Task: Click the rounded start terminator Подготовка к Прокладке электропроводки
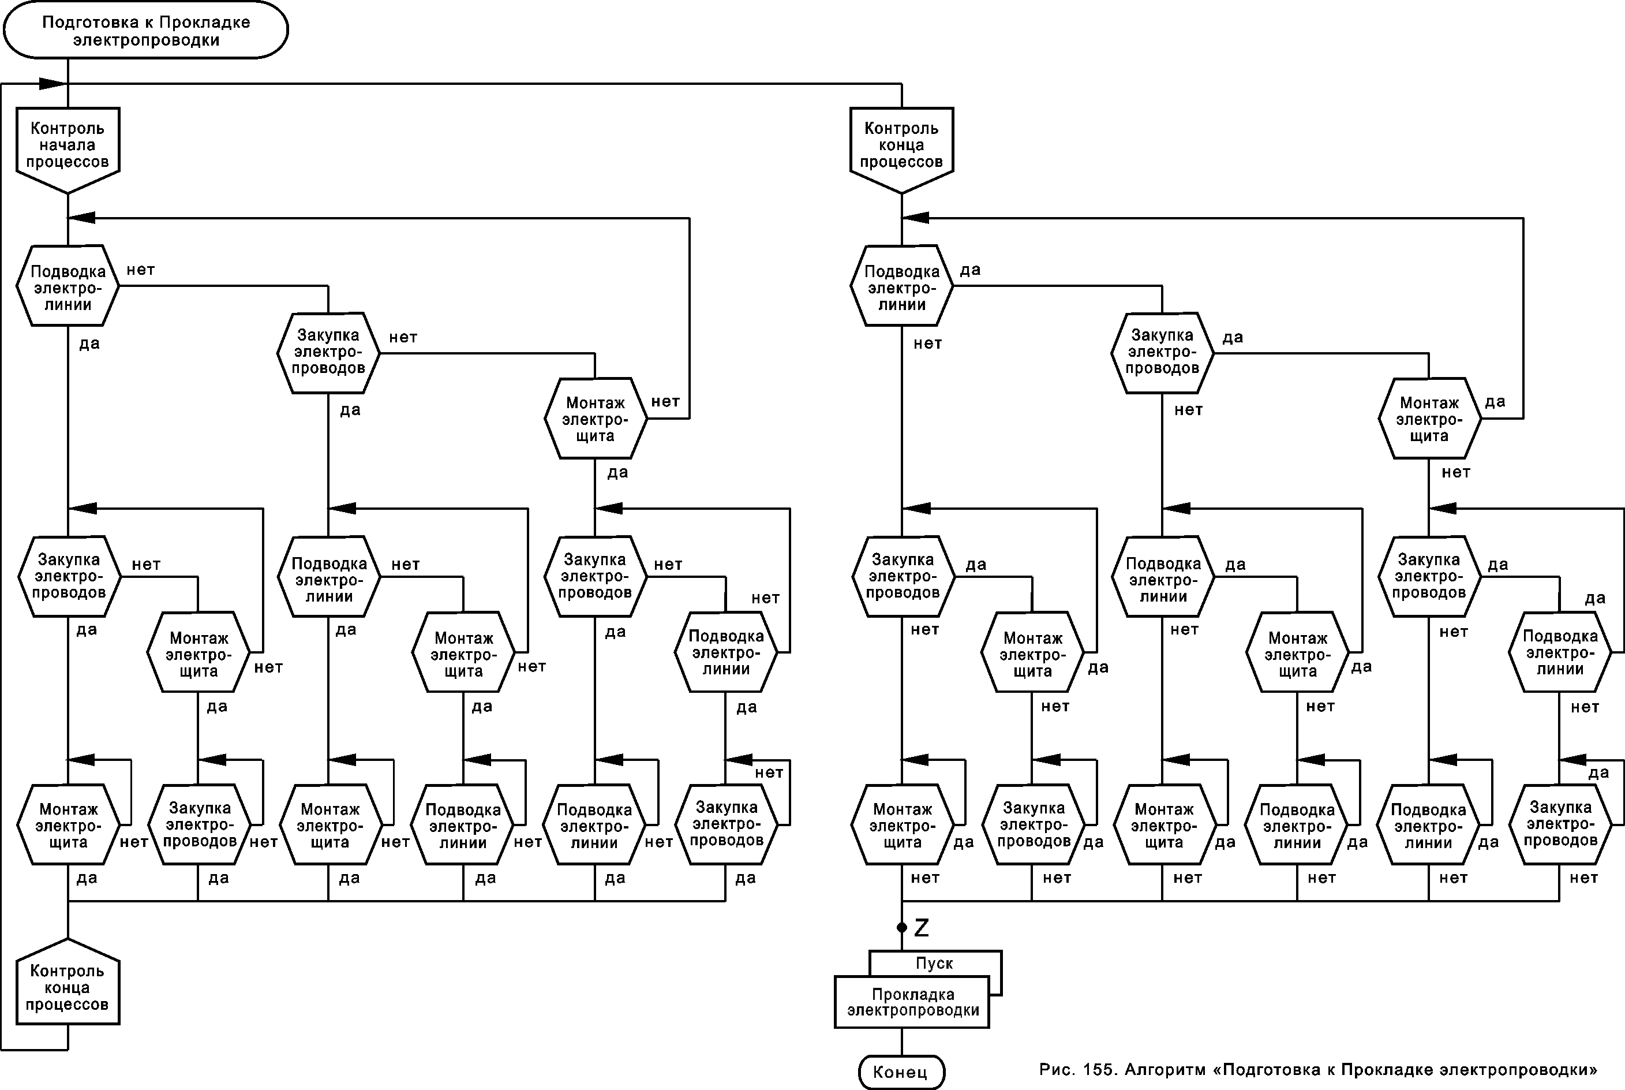145,31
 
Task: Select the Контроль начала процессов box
68,145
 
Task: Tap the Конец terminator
901,1071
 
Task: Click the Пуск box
934,964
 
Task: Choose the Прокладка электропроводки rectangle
912,1002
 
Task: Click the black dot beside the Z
902,928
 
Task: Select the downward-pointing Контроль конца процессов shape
901,145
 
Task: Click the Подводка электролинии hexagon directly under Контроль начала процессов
68,286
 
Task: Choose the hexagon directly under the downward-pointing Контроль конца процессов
901,286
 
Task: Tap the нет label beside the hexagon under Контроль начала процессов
140,270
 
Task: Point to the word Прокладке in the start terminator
204,23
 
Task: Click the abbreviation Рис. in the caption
1055,1069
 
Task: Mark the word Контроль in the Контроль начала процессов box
68,129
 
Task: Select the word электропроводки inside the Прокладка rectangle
913,1011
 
